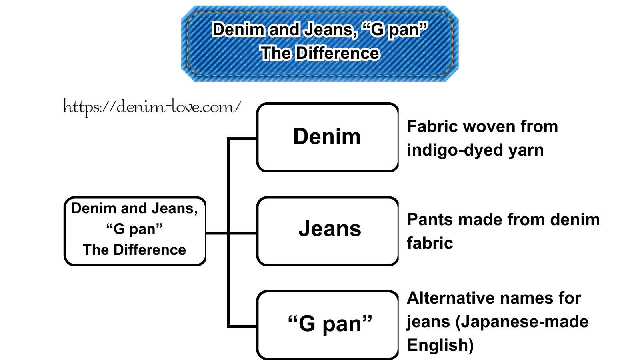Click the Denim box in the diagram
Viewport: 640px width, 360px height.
point(327,137)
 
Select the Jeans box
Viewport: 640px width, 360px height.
point(327,231)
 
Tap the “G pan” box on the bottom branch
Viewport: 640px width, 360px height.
point(327,324)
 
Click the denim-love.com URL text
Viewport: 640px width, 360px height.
point(152,107)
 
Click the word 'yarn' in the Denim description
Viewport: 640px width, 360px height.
point(526,150)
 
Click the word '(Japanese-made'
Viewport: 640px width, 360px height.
point(522,322)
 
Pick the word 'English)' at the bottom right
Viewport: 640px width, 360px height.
point(440,345)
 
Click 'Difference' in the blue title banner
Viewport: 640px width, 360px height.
point(338,53)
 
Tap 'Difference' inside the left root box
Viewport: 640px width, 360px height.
point(150,250)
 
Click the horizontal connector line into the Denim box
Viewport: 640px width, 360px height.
point(242,139)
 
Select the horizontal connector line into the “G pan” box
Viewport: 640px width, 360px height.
point(242,326)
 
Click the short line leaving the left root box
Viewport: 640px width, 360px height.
point(216,233)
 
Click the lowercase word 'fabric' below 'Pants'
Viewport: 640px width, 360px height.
point(430,243)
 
